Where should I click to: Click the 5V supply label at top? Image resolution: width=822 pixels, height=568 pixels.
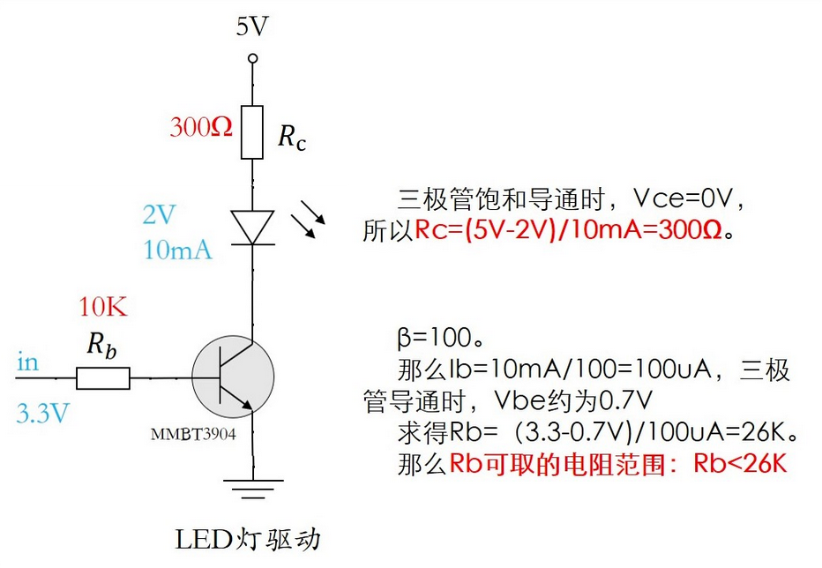pyautogui.click(x=251, y=26)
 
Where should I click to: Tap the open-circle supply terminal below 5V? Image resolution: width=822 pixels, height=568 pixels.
pyautogui.click(x=252, y=59)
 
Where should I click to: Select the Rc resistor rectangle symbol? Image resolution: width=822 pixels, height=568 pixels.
pyautogui.click(x=252, y=132)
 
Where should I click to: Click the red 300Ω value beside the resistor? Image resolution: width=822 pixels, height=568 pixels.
pyautogui.click(x=201, y=127)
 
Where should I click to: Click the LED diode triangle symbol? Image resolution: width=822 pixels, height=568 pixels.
pyautogui.click(x=252, y=226)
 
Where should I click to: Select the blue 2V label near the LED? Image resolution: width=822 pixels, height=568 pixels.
pyautogui.click(x=160, y=214)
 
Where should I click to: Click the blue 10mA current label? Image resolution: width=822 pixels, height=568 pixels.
pyautogui.click(x=177, y=250)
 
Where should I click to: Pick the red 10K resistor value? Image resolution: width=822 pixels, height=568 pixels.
pyautogui.click(x=103, y=308)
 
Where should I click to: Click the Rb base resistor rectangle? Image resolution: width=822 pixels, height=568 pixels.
pyautogui.click(x=103, y=379)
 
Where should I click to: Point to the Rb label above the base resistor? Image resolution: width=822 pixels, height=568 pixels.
pyautogui.click(x=101, y=346)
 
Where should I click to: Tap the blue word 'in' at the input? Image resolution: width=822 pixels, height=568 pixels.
pyautogui.click(x=27, y=362)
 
